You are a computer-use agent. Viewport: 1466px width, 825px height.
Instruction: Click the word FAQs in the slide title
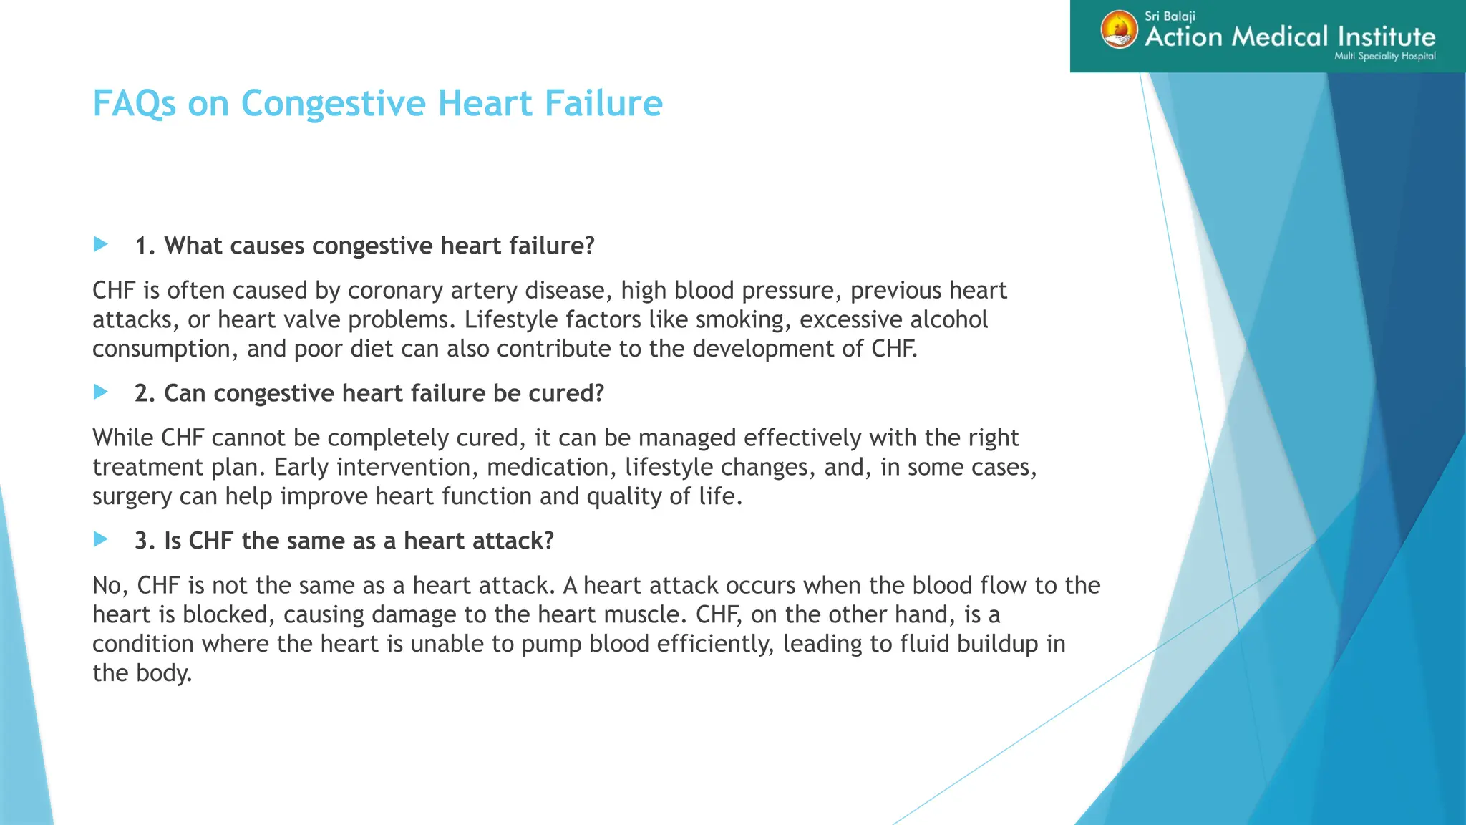[134, 104]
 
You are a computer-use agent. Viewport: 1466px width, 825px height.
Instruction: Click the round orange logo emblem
[1119, 30]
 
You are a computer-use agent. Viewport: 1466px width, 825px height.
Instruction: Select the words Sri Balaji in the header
[1170, 16]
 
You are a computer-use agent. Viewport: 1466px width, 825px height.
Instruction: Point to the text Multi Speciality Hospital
[1384, 56]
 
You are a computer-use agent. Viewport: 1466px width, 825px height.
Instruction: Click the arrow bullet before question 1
[101, 245]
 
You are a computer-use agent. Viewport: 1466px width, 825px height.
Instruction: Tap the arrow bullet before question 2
[101, 392]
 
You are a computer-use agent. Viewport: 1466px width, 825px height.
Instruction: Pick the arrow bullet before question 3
[101, 540]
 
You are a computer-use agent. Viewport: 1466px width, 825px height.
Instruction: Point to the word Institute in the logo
[1386, 37]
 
